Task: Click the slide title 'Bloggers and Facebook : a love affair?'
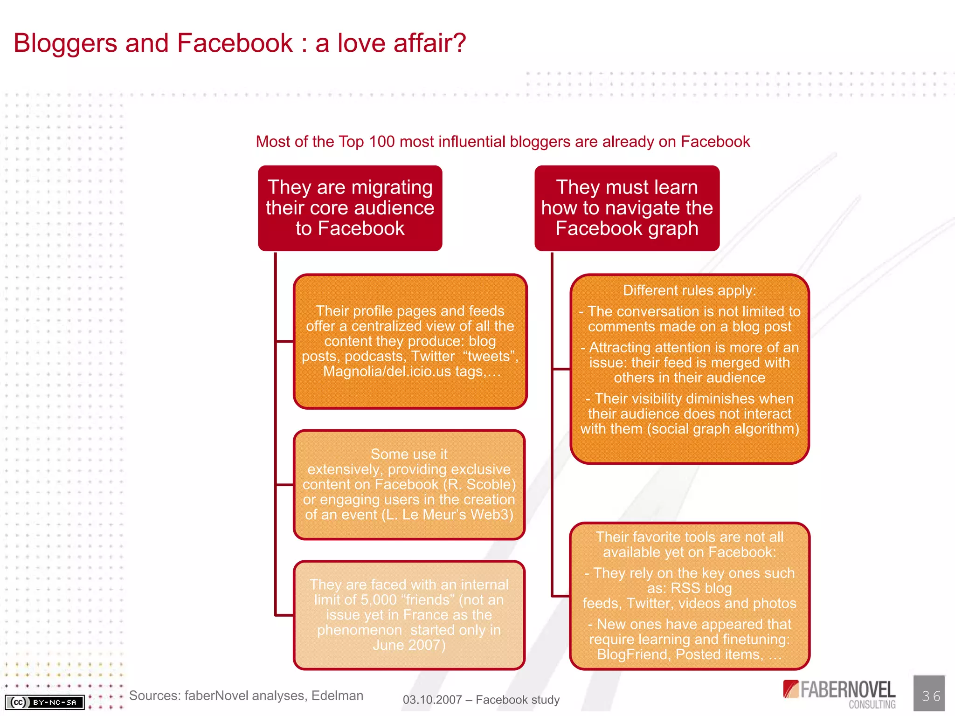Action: click(240, 43)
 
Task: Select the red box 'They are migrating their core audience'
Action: click(350, 208)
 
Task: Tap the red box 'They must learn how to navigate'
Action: click(627, 208)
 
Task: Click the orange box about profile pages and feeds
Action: click(410, 341)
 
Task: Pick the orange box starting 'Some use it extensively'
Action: click(409, 484)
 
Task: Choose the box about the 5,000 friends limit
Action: click(409, 615)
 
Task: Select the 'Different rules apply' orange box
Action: click(689, 368)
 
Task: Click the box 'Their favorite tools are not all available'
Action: click(689, 595)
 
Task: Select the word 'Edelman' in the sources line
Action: click(337, 695)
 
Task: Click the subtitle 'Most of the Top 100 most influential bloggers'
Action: click(503, 142)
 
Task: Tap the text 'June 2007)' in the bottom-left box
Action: click(409, 645)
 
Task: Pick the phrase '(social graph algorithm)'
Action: click(723, 429)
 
